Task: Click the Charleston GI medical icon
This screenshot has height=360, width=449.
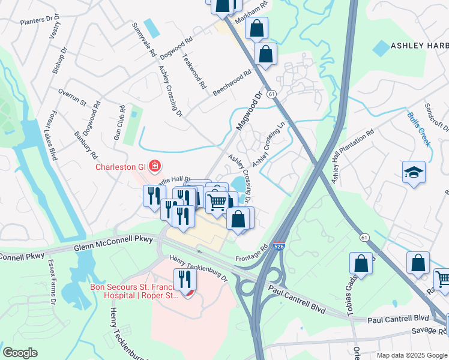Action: coord(154,165)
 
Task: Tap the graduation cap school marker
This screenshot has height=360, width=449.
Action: coord(414,173)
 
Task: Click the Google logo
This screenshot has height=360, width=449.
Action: coord(20,352)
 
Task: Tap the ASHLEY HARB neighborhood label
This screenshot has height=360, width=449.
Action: coord(419,45)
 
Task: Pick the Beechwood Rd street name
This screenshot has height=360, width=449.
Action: coord(232,83)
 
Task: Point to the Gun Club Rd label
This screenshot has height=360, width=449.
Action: coord(119,124)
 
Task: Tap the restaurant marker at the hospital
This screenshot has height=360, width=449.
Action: coord(184,279)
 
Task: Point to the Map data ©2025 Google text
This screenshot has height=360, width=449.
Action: coord(411,355)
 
